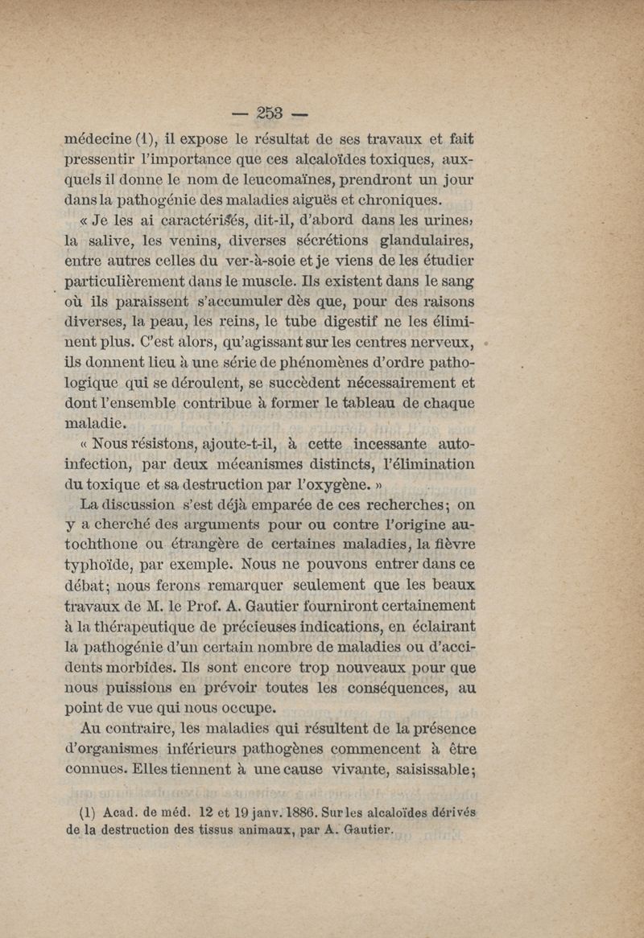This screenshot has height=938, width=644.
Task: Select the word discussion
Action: click(134, 505)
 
